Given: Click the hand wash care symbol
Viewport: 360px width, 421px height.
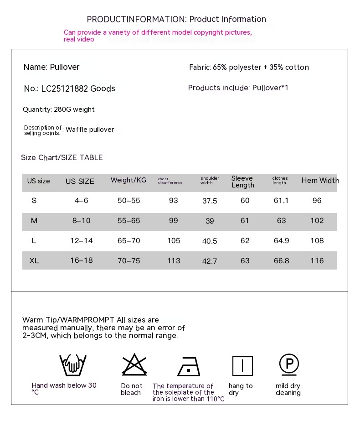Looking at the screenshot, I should coord(73,365).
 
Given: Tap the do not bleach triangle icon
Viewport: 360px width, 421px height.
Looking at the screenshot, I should coord(134,365).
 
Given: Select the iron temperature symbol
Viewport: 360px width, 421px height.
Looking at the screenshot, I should coord(188,366).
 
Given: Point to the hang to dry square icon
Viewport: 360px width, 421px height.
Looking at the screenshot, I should coord(242,366).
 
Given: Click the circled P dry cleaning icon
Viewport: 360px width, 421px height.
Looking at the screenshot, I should coord(289,364).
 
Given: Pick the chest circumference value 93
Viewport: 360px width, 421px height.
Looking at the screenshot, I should coord(174,201).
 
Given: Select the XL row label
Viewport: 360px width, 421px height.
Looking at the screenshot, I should coord(34,261).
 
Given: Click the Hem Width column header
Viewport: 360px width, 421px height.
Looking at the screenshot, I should coord(320,181).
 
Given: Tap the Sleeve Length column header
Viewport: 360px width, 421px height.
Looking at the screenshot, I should coord(242,182).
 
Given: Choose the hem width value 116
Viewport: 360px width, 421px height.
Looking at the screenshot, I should coord(317,261).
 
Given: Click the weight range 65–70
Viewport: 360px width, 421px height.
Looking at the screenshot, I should coord(129,241).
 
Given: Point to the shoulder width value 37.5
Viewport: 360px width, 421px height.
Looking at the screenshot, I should coord(210,201).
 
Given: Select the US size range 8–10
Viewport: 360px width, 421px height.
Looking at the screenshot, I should coord(82,221).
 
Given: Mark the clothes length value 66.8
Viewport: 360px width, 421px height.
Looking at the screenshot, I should coord(281,261).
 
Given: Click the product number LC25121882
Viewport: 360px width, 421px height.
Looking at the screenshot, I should coord(64,88).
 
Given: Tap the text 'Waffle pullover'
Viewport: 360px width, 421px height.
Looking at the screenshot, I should coord(90,130).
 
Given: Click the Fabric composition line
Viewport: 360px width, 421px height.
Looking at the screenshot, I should coord(249,68).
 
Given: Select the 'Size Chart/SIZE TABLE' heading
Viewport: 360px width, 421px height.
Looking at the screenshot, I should coord(62,158).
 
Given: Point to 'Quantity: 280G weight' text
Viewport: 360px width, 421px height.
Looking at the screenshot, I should coord(59,109).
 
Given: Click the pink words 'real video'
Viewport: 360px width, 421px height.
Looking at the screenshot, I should coord(79,40).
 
